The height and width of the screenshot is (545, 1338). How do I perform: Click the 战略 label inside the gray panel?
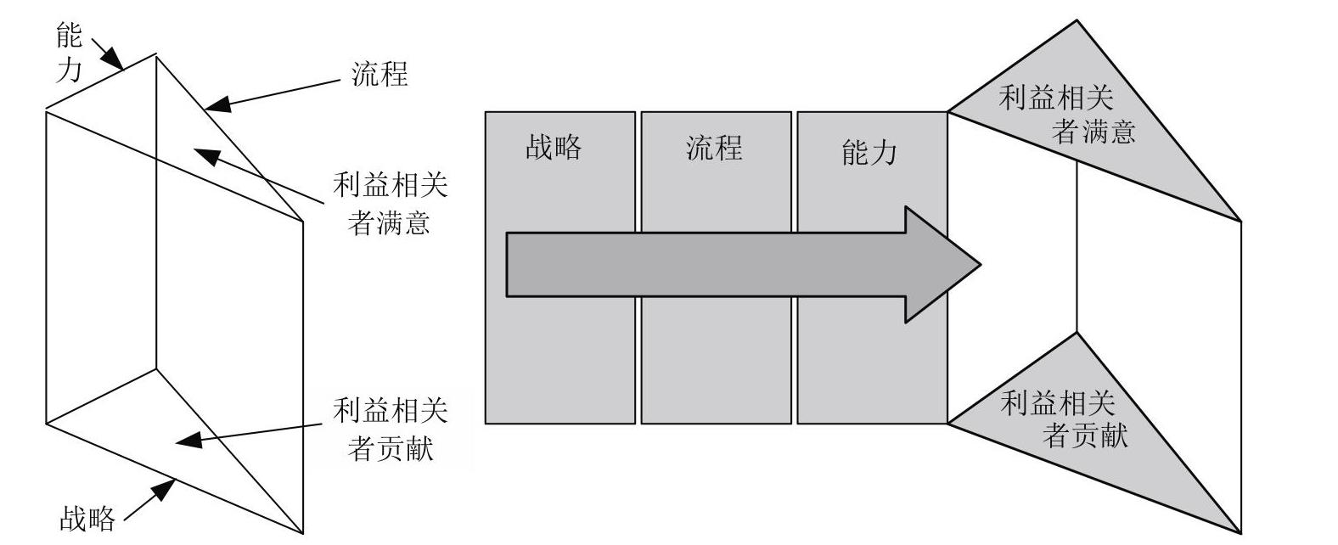coord(554,147)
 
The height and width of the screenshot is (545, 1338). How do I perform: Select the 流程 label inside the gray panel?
coord(714,148)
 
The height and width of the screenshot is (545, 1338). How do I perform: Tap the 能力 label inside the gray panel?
coord(869,153)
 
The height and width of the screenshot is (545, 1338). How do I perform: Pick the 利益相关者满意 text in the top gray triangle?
coord(1066,115)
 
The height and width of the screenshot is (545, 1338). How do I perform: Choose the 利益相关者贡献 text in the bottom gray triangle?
coord(1064,419)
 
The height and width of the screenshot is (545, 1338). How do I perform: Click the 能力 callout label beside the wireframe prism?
coord(69,52)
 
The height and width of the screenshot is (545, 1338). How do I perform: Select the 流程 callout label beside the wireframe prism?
coord(379,75)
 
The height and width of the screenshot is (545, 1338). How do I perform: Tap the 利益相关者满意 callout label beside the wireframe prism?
coord(390,203)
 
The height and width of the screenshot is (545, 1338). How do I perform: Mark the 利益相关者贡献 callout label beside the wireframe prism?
coord(390,430)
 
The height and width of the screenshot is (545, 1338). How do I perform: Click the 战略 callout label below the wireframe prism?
coord(87,519)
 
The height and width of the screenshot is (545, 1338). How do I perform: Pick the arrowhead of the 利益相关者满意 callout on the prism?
coord(206,155)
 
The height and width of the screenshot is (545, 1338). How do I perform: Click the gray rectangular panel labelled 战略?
coord(560,267)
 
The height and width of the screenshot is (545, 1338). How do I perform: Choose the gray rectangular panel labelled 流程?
coord(717,267)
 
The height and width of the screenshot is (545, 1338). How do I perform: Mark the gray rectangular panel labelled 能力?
coord(872,267)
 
